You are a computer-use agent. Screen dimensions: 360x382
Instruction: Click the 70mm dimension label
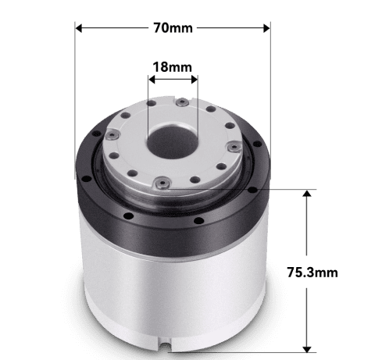point(173,27)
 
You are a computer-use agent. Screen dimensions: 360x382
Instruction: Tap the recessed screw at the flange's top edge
point(181,103)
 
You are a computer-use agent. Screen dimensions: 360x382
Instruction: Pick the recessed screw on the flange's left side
point(112,134)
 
